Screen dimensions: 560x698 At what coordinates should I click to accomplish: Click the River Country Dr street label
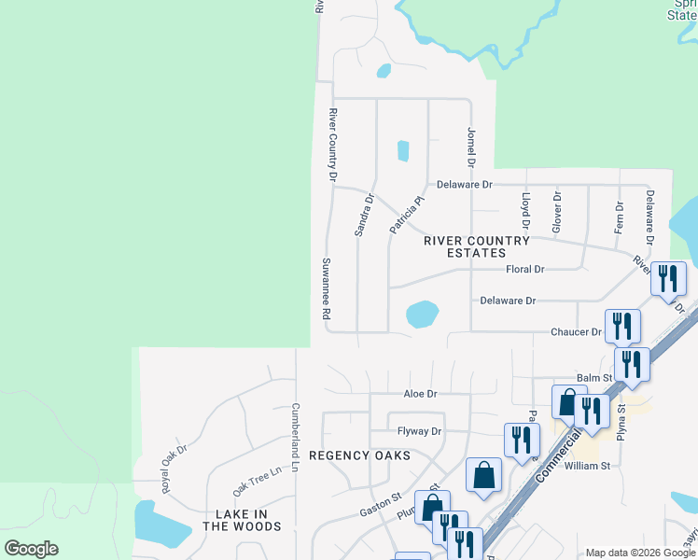[x=331, y=144]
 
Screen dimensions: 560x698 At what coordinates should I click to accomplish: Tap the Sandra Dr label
[x=364, y=215]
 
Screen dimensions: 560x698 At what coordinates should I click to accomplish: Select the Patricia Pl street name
[x=407, y=214]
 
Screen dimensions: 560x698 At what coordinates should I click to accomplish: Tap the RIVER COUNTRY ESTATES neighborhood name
[x=477, y=246]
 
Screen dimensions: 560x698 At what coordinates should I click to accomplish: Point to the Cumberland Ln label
[x=295, y=436]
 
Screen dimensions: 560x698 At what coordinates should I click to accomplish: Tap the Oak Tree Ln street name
[x=257, y=481]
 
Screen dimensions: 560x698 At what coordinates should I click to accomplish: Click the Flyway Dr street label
[x=419, y=431]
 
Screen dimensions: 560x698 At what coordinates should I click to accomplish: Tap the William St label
[x=587, y=465]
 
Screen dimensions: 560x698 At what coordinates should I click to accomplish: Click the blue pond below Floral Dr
[x=422, y=314]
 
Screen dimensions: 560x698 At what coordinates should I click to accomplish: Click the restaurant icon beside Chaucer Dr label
[x=622, y=327]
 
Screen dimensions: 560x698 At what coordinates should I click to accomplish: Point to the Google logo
[x=31, y=549]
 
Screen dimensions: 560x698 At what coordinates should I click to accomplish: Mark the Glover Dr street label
[x=557, y=212]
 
